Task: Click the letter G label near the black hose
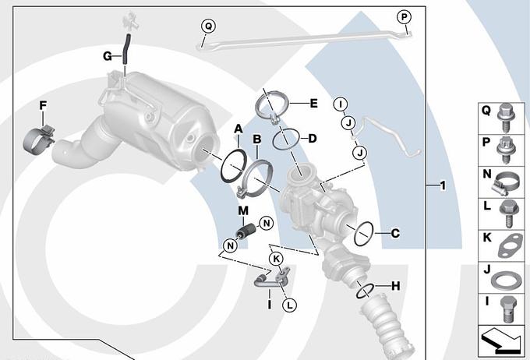pyautogui.click(x=108, y=55)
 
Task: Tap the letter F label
pyautogui.click(x=43, y=105)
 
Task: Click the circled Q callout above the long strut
pyautogui.click(x=208, y=26)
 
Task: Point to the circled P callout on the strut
pyautogui.click(x=404, y=16)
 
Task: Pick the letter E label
pyautogui.click(x=313, y=103)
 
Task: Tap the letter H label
pyautogui.click(x=395, y=286)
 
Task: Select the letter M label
pyautogui.click(x=243, y=210)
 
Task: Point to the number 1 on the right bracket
pyautogui.click(x=442, y=185)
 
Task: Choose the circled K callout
pyautogui.click(x=275, y=258)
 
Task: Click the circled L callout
pyautogui.click(x=289, y=305)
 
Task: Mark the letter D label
pyautogui.click(x=312, y=139)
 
